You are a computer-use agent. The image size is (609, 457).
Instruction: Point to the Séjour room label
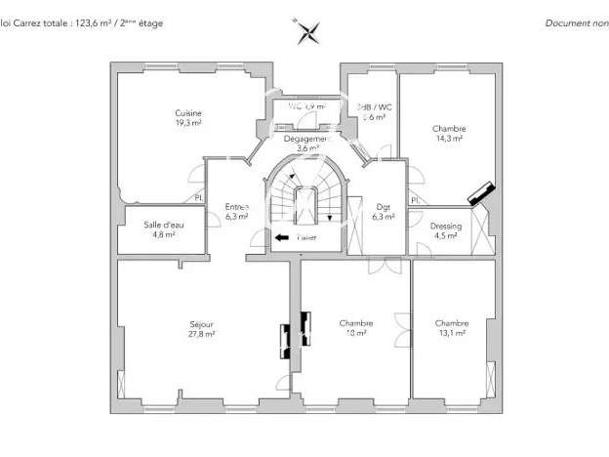pos(202,323)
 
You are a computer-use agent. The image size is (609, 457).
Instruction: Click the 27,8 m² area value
pos(202,334)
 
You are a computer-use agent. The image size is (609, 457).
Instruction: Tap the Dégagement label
pos(308,139)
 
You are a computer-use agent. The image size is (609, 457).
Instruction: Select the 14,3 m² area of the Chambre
pos(449,139)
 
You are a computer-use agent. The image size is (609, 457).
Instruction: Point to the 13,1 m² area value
pos(452,334)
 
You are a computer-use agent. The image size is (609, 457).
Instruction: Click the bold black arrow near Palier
pos(281,236)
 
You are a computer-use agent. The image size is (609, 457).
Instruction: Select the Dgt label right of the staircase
pos(384,206)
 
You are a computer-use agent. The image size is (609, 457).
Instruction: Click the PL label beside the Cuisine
pos(198,199)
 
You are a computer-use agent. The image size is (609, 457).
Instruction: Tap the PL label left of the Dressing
pos(414,200)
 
